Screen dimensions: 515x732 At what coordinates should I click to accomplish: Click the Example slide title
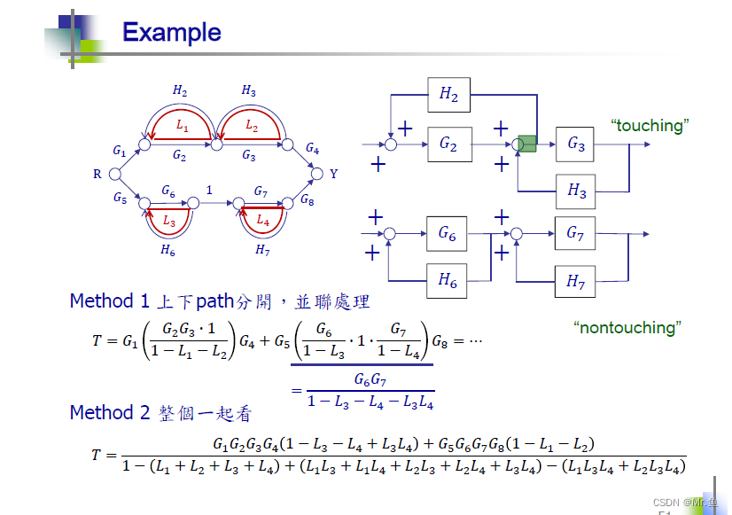click(x=171, y=33)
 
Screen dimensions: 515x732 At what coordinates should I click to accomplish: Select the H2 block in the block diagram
click(x=448, y=95)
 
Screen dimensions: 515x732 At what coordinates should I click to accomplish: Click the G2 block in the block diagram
click(x=448, y=144)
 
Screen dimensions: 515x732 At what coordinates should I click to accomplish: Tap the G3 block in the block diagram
click(x=576, y=144)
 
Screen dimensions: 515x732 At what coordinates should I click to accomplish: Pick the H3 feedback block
click(x=576, y=190)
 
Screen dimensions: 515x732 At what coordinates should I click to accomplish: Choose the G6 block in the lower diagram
click(x=447, y=234)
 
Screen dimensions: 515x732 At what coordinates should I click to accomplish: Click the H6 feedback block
click(x=447, y=281)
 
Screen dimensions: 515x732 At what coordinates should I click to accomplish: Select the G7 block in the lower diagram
click(x=575, y=234)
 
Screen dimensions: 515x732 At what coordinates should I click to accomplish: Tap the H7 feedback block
click(x=575, y=283)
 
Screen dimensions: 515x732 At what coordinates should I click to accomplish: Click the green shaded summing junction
click(x=527, y=144)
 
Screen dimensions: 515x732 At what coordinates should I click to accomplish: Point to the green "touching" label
click(x=649, y=126)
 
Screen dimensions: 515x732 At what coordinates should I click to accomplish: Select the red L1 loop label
click(x=182, y=127)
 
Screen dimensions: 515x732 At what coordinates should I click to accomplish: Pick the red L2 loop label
click(x=252, y=127)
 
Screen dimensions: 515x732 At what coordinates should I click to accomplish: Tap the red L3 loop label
click(x=168, y=220)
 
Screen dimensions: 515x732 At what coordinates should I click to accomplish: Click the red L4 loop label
click(x=262, y=220)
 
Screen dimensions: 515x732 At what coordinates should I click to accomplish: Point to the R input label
click(x=97, y=175)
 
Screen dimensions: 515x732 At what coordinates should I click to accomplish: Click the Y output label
click(x=334, y=175)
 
